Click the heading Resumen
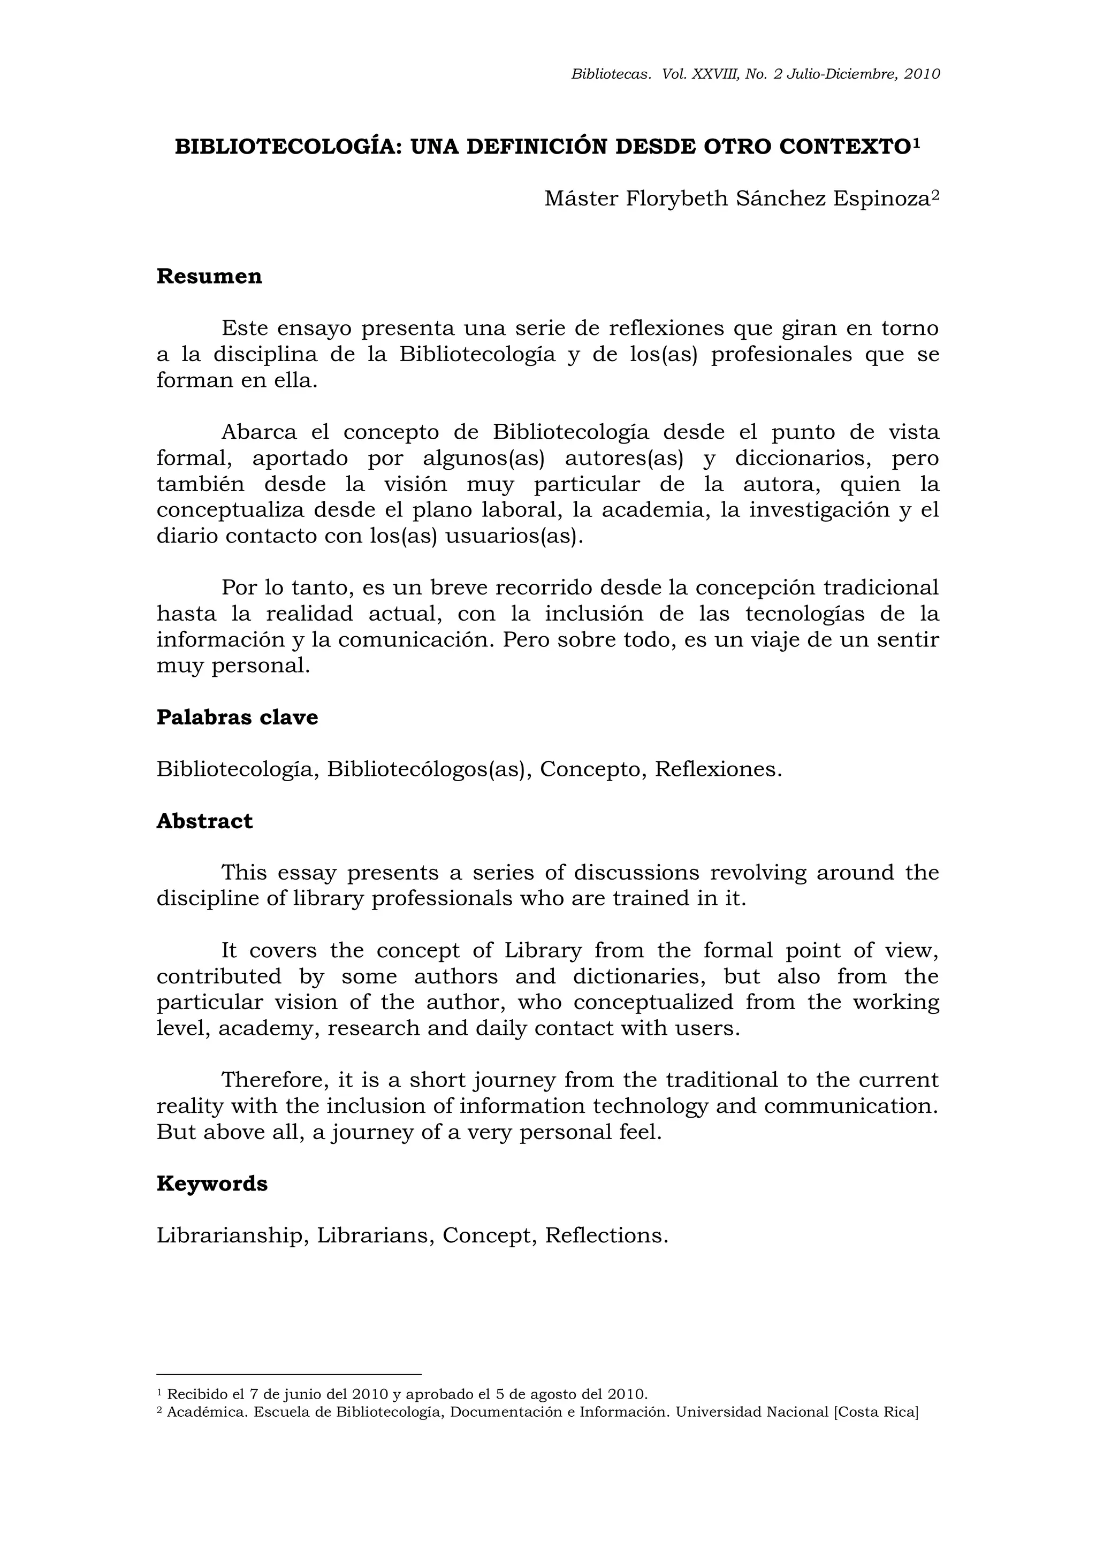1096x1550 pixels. point(209,277)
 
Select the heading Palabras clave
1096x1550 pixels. point(237,717)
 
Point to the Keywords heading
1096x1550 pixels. point(212,1184)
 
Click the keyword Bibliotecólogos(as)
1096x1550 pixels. point(426,769)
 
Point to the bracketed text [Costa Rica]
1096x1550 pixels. point(877,1412)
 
